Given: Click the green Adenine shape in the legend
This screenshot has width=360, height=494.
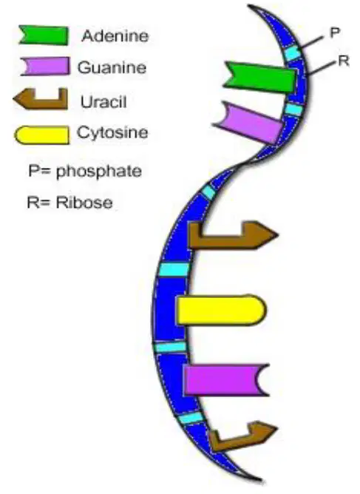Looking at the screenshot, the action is pyautogui.click(x=44, y=35).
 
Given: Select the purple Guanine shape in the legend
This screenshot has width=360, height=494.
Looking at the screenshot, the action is pyautogui.click(x=45, y=66).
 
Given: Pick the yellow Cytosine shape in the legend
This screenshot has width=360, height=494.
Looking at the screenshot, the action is pyautogui.click(x=42, y=135).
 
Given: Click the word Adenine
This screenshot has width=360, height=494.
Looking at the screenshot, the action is pyautogui.click(x=115, y=35).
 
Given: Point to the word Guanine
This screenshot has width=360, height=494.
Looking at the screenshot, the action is pyautogui.click(x=112, y=67).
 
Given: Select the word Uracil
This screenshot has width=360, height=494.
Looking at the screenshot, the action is pyautogui.click(x=103, y=102).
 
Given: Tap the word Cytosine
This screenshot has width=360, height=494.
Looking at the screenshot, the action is pyautogui.click(x=112, y=133).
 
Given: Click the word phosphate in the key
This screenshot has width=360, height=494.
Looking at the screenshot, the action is pyautogui.click(x=99, y=172).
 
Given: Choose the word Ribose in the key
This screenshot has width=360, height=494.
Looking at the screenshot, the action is pyautogui.click(x=84, y=202).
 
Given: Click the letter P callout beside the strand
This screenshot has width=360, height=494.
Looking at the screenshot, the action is pyautogui.click(x=335, y=33).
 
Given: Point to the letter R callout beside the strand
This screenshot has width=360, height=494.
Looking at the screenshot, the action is pyautogui.click(x=344, y=61).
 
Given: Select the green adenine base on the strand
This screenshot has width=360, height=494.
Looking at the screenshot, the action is pyautogui.click(x=260, y=77).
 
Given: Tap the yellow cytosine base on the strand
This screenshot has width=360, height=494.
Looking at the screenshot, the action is pyautogui.click(x=222, y=309).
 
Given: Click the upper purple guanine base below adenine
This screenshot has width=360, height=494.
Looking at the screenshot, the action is pyautogui.click(x=249, y=122).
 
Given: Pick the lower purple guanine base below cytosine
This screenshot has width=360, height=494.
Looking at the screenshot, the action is pyautogui.click(x=226, y=379).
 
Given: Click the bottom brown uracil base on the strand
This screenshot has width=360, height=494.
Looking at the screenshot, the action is pyautogui.click(x=242, y=436).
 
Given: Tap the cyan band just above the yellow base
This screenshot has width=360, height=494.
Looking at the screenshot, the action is pyautogui.click(x=174, y=269).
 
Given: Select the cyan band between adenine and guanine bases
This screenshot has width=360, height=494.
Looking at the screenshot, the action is pyautogui.click(x=294, y=109).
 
